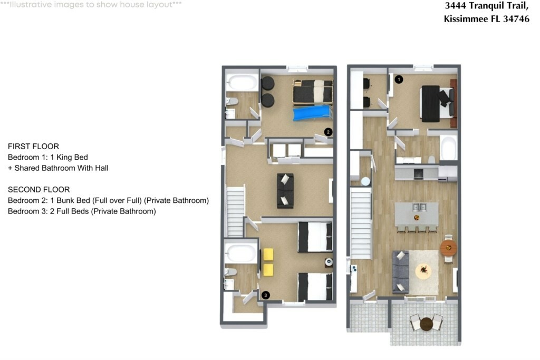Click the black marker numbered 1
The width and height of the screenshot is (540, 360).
[x=399, y=80]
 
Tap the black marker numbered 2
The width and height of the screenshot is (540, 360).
[x=328, y=132]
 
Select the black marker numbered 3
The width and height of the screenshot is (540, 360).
[x=266, y=295]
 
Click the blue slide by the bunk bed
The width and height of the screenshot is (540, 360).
[x=313, y=113]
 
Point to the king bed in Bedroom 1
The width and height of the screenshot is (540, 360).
[x=437, y=103]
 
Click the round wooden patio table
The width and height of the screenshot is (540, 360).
[x=426, y=324]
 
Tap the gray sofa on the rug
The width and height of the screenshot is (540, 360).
[x=401, y=272]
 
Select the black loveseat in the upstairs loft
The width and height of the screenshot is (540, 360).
[x=285, y=191]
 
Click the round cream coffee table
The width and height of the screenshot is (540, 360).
[x=423, y=271]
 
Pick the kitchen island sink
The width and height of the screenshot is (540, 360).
[x=419, y=207]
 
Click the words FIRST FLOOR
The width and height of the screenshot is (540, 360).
[x=33, y=147]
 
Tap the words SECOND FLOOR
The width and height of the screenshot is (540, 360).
[x=39, y=190]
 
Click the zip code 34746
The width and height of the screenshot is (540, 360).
[x=516, y=18]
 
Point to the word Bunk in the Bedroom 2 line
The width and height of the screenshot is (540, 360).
[x=65, y=200]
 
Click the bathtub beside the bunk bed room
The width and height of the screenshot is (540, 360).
[x=242, y=82]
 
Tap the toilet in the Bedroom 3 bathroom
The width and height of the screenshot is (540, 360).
[x=230, y=272]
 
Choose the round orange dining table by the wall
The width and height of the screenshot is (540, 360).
[x=448, y=248]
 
